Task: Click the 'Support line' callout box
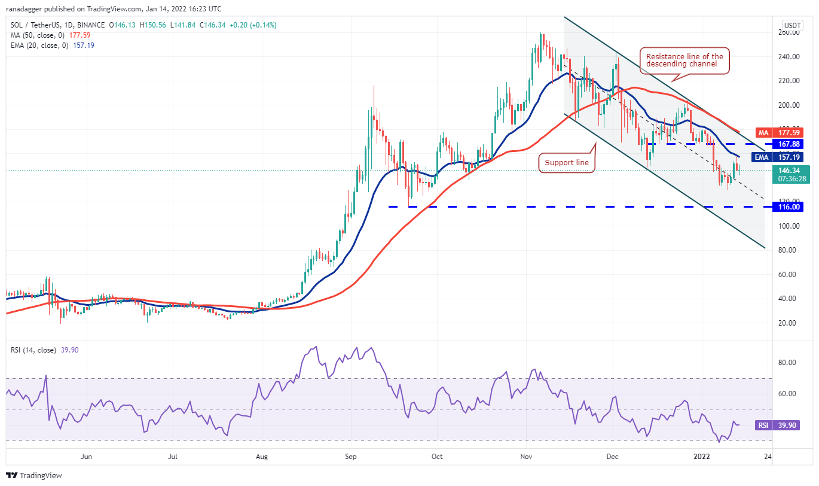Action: point(567,163)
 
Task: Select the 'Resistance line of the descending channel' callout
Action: point(684,60)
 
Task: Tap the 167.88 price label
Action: point(786,144)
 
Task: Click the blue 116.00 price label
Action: point(786,206)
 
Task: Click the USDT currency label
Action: point(793,25)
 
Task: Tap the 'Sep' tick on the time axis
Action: point(351,457)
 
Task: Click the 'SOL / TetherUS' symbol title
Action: point(36,25)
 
